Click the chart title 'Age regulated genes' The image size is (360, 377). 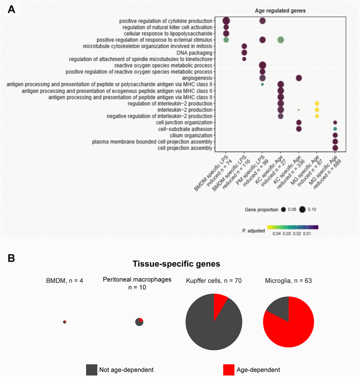pyautogui.click(x=280, y=11)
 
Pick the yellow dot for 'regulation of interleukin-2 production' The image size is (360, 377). pyautogui.click(x=317, y=103)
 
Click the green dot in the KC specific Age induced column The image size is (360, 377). pyautogui.click(x=281, y=40)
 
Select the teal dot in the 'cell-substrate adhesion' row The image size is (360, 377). pyautogui.click(x=335, y=129)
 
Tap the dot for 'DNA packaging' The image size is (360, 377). pyautogui.click(x=244, y=53)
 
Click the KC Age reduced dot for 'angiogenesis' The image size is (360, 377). pyautogui.click(x=299, y=78)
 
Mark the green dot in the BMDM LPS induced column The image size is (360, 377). pyautogui.click(x=226, y=40)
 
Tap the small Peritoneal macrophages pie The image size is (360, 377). pyautogui.click(x=139, y=322)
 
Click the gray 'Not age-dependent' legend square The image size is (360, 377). pyautogui.click(x=91, y=370)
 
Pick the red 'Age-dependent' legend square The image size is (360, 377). pyautogui.click(x=228, y=370)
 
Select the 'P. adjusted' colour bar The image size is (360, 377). pyautogui.click(x=293, y=227)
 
